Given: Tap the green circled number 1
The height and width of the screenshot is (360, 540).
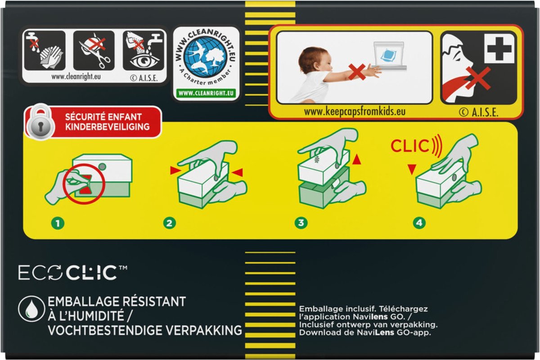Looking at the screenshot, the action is coord(58,223).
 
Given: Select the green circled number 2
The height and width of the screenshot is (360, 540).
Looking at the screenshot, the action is coord(170,223).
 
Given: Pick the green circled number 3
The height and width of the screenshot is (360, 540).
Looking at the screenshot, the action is coord(301,223).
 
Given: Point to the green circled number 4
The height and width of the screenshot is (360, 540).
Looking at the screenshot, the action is coord(419,223).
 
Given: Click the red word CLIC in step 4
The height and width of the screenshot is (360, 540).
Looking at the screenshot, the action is coord(409,146).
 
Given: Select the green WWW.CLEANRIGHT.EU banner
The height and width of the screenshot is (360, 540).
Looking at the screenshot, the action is coord(206,93).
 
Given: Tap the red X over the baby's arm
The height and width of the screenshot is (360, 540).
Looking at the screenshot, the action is coord(357,72).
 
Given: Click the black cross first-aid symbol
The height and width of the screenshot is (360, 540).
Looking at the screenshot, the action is coord(499,49).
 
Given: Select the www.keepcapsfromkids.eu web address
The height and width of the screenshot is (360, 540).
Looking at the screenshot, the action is coord(355,112).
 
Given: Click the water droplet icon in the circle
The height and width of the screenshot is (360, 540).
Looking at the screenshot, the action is coord(31,309).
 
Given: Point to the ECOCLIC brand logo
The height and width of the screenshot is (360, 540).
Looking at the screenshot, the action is coord(73,273).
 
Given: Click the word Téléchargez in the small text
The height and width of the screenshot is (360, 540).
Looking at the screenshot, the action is coord(403,309).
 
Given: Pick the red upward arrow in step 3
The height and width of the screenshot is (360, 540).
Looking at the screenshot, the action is coord(356,160).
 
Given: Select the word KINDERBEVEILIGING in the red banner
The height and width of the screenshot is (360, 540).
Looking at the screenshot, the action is coord(107,127).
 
